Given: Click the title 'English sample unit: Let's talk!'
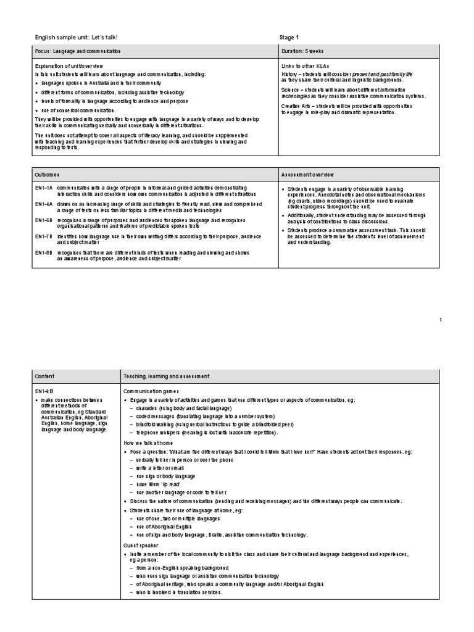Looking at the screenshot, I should [76, 38].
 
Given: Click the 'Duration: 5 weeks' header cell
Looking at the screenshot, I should [302, 51].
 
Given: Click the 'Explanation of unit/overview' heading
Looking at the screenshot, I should [69, 65].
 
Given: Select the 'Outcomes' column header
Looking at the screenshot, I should [48, 175].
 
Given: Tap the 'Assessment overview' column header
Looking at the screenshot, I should [308, 175].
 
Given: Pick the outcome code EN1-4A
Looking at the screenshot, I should [43, 204].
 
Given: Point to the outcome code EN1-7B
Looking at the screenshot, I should [43, 236].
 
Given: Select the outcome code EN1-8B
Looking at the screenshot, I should [43, 252].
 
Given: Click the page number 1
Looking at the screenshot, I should [441, 320].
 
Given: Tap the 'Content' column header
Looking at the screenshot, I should [44, 376].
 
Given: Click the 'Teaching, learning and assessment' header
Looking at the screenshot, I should [166, 376].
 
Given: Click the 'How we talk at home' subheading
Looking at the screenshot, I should [144, 443].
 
